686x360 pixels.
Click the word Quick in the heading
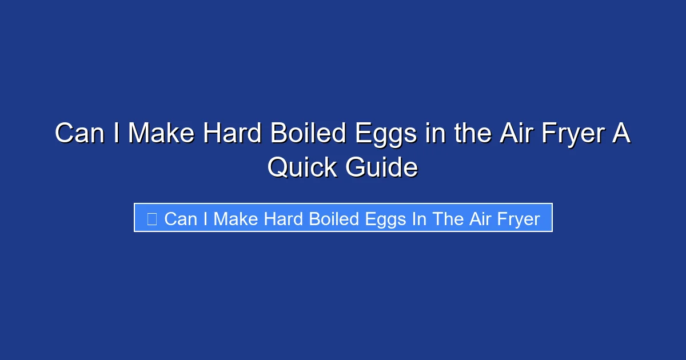[x=302, y=168]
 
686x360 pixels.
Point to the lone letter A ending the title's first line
[x=623, y=134]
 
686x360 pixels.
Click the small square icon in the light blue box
[x=151, y=219]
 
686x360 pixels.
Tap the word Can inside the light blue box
[x=181, y=219]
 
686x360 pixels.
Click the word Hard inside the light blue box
[x=284, y=219]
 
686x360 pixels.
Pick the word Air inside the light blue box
[x=479, y=219]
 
